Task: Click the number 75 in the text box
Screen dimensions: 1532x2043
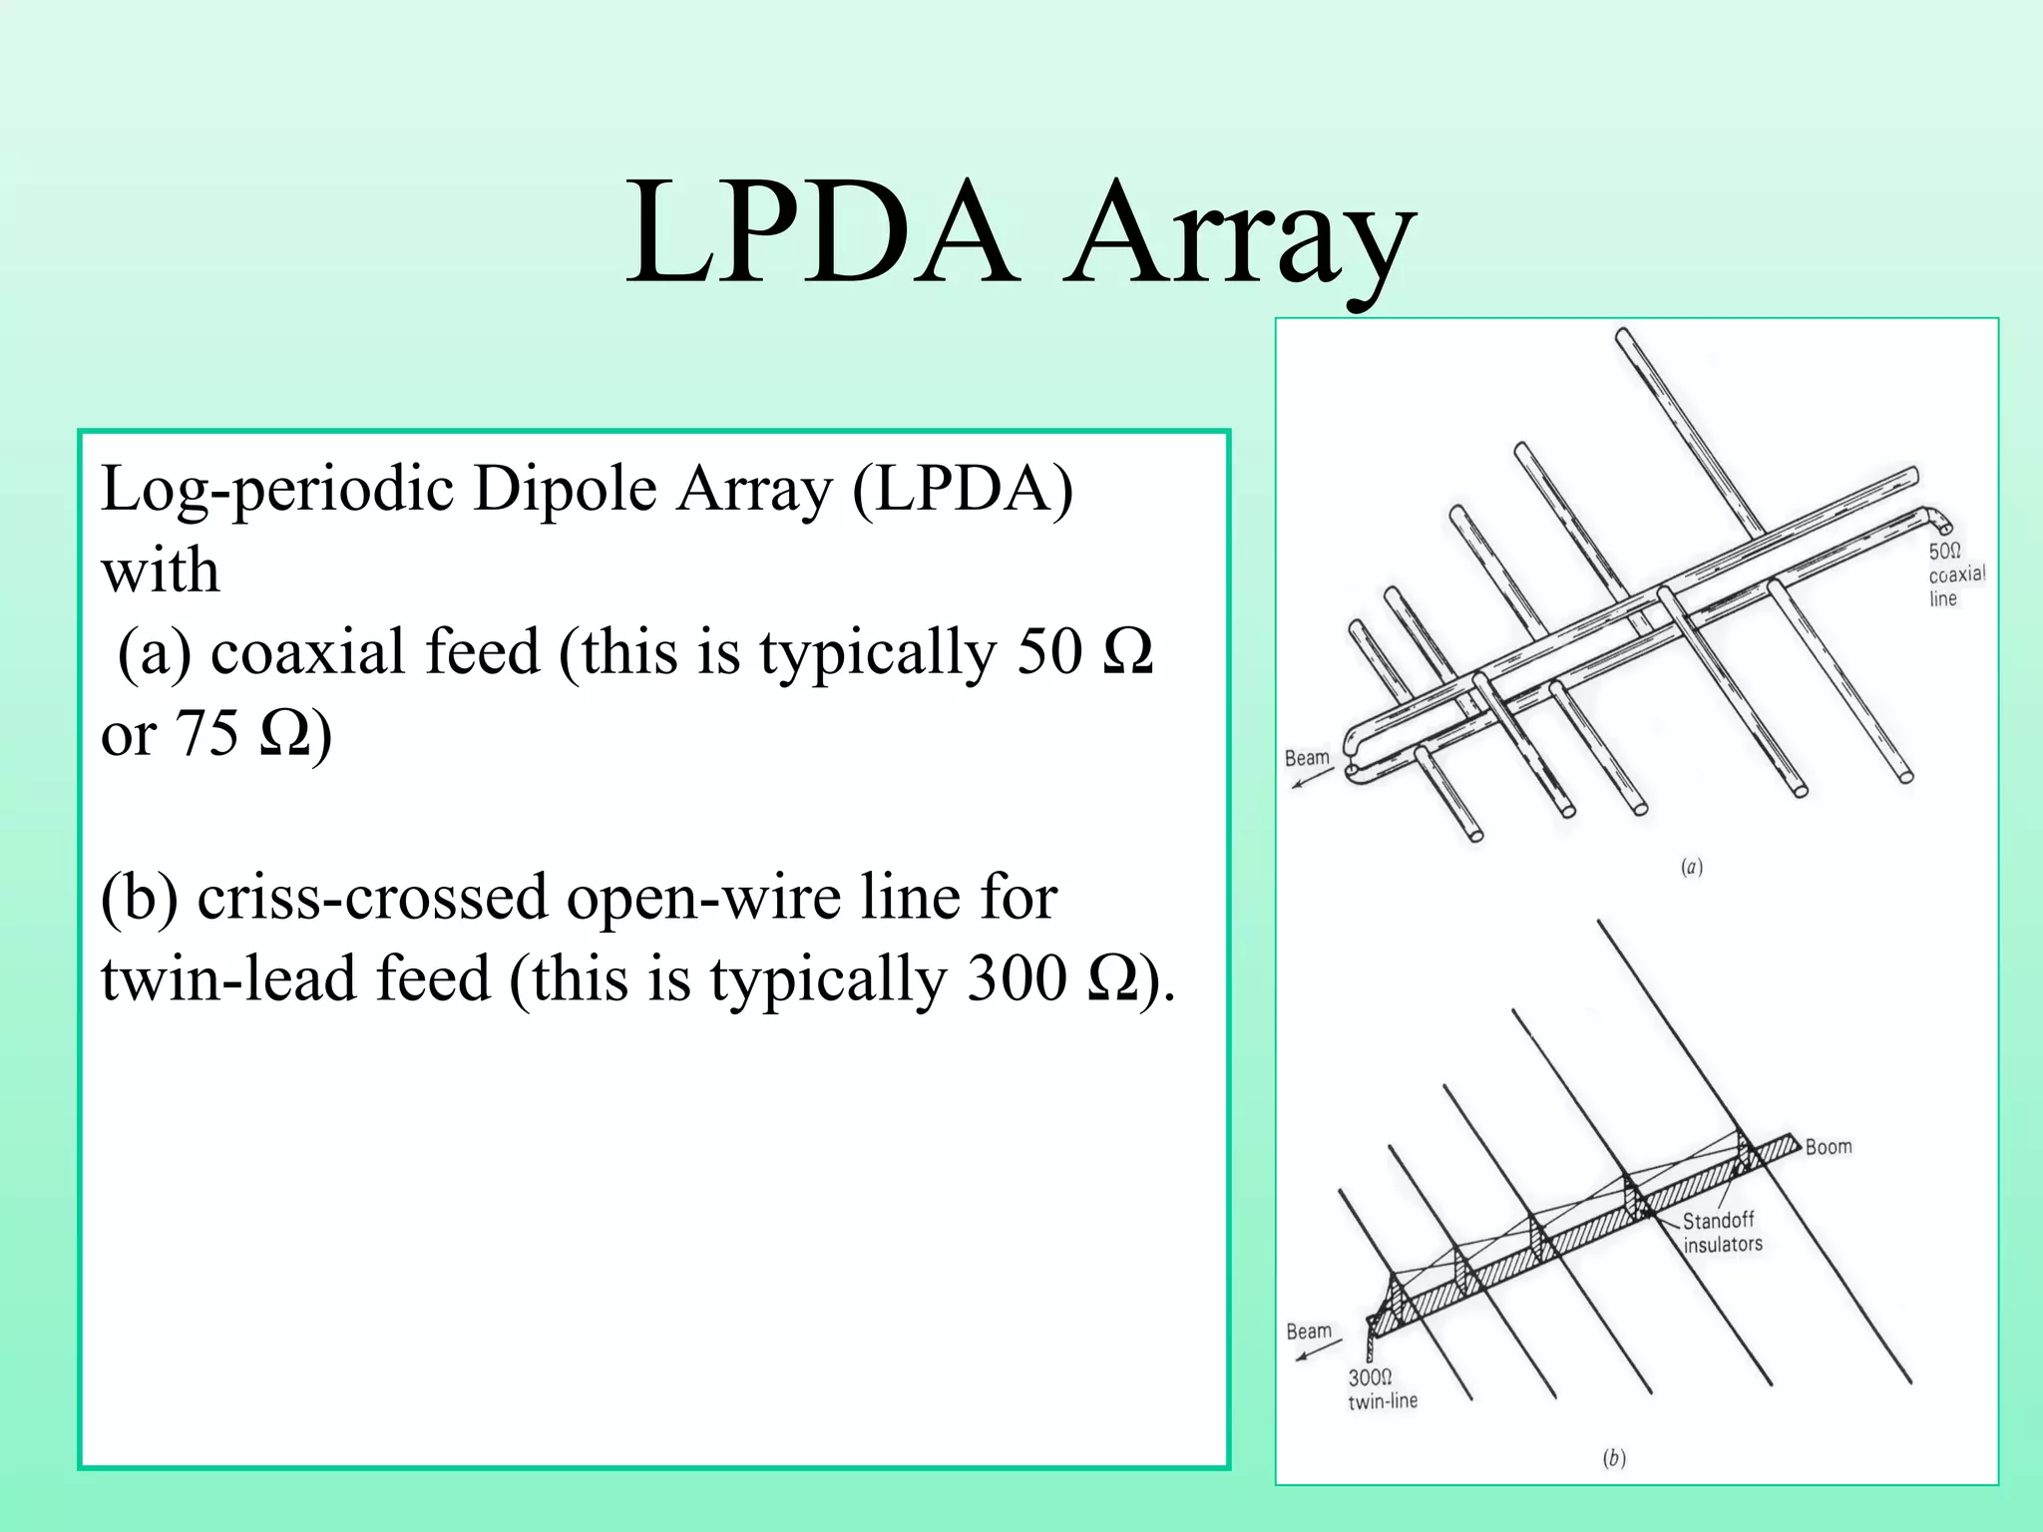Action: pos(207,735)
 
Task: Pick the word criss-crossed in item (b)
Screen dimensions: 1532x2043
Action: pos(372,897)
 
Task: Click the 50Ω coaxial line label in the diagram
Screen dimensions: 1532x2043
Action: pos(1956,574)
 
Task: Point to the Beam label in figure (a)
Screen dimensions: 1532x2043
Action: pos(1307,758)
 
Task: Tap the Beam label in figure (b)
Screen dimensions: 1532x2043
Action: pos(1309,1332)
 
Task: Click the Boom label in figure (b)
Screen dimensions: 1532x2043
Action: pos(1829,1147)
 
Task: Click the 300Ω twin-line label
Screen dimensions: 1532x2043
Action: pos(1382,1389)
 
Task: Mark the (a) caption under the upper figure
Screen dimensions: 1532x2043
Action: pos(1692,867)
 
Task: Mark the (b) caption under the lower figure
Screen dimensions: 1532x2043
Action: pos(1613,1459)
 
